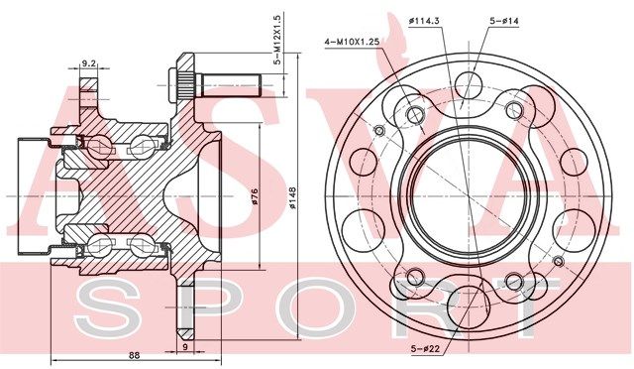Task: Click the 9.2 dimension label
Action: coord(88,63)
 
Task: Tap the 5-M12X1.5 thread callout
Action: coord(277,40)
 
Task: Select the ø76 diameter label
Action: coord(255,196)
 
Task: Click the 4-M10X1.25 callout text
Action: coord(352,42)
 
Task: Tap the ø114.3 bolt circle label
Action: coord(424,21)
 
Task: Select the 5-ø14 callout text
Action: coord(504,21)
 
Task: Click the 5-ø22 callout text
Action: coord(425,348)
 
